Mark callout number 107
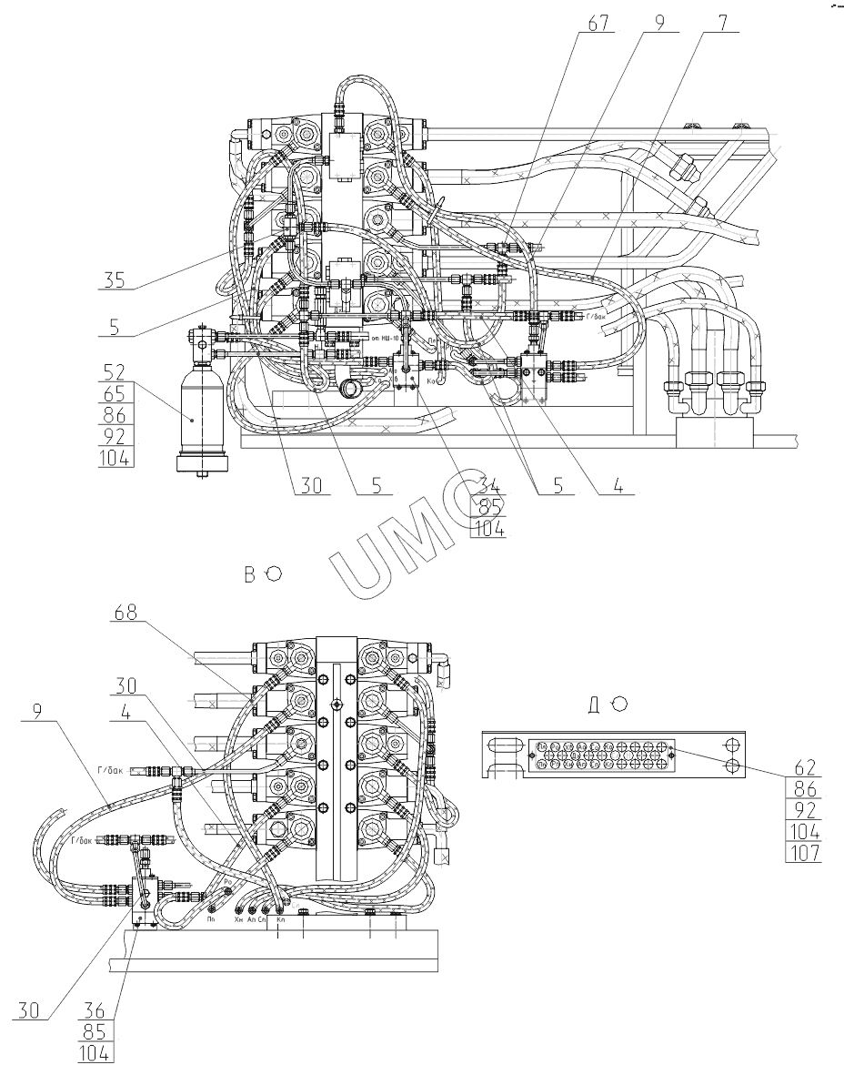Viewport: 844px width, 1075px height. pyautogui.click(x=804, y=854)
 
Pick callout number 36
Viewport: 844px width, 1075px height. pyautogui.click(x=94, y=1011)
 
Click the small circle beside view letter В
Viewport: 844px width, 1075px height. pyautogui.click(x=274, y=573)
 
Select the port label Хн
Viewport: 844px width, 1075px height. pyautogui.click(x=239, y=920)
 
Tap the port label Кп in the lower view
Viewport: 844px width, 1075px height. pyautogui.click(x=280, y=920)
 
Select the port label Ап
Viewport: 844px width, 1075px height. pyautogui.click(x=252, y=920)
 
